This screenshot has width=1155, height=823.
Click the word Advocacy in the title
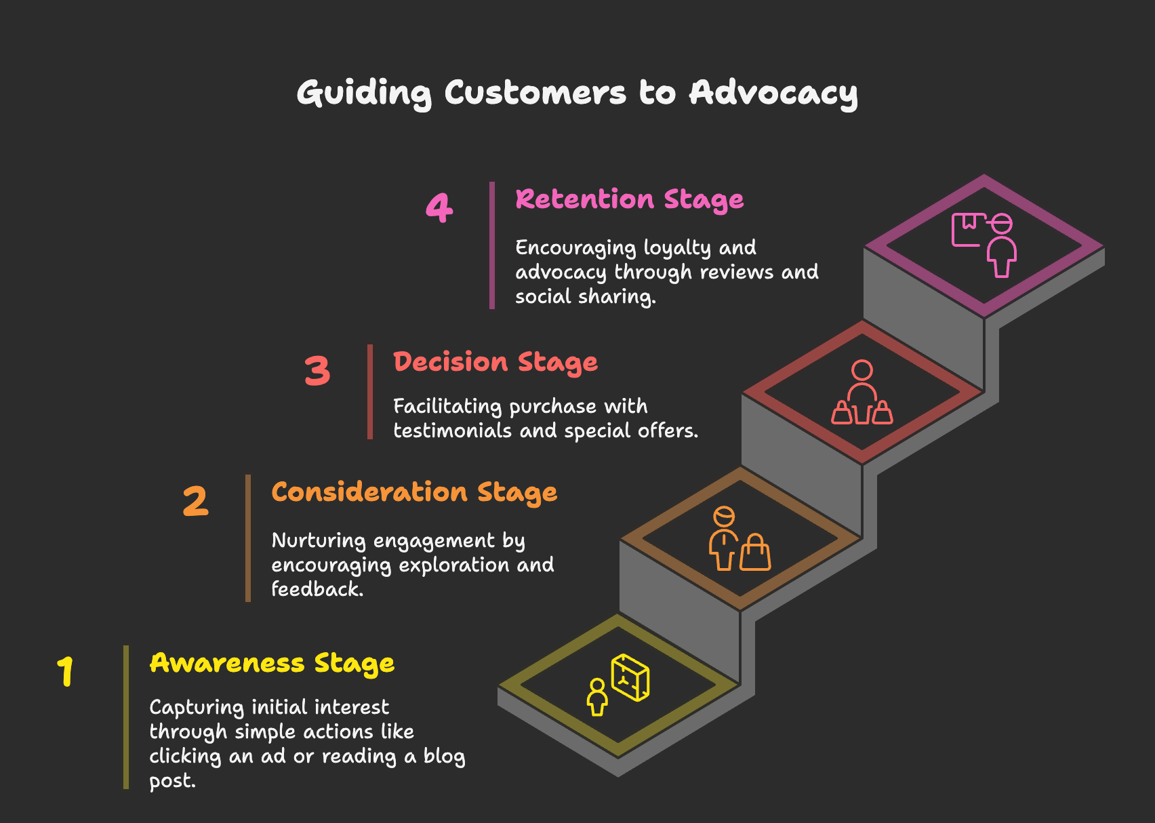pyautogui.click(x=773, y=94)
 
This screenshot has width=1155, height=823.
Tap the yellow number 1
pyautogui.click(x=66, y=671)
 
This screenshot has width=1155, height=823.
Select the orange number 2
pyautogui.click(x=195, y=501)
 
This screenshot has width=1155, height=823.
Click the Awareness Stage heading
pyautogui.click(x=272, y=664)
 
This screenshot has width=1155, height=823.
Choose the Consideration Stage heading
pyautogui.click(x=415, y=492)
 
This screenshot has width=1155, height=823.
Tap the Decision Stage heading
pyautogui.click(x=495, y=363)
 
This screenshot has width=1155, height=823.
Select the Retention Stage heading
pyautogui.click(x=630, y=200)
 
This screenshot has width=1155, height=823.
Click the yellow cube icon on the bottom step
pyautogui.click(x=630, y=677)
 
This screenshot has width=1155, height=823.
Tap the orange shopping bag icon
pyautogui.click(x=755, y=552)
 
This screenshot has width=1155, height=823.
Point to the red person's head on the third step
pyautogui.click(x=862, y=369)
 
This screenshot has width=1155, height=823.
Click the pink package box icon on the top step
pyautogui.click(x=967, y=229)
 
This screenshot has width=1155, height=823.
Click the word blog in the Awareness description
pyautogui.click(x=445, y=757)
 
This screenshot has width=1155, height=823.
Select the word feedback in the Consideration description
pyautogui.click(x=317, y=589)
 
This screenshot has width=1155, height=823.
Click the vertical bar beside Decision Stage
pyautogui.click(x=369, y=392)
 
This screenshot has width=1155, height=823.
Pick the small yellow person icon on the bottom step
pyautogui.click(x=597, y=697)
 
